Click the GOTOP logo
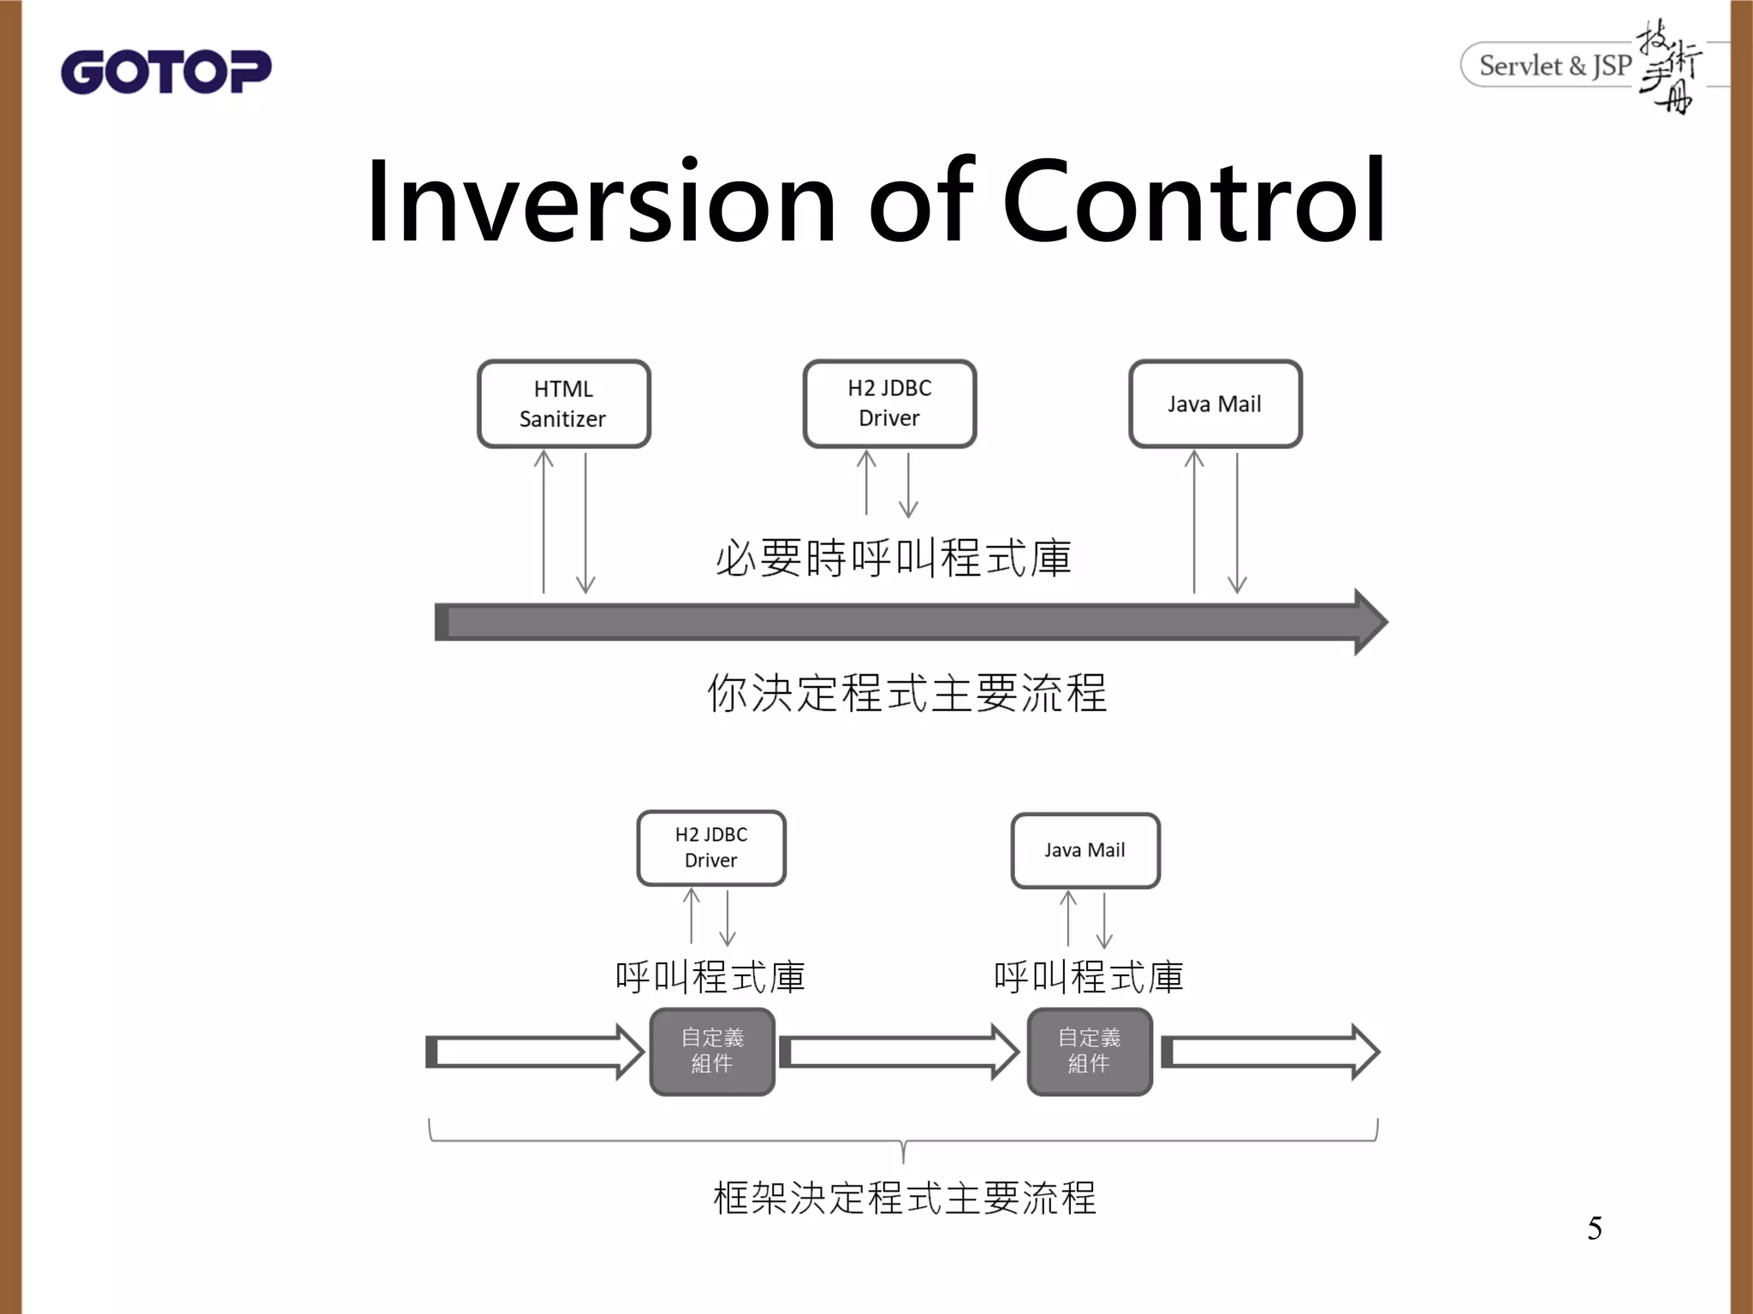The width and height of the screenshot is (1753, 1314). pos(166,72)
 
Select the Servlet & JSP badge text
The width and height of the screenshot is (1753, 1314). pos(1554,65)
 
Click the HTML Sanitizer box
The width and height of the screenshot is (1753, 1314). pos(563,404)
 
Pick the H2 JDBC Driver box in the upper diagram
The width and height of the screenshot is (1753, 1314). pos(889,403)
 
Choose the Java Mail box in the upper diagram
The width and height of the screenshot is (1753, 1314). pos(1215,404)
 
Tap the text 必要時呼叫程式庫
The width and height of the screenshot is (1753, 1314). pos(893,558)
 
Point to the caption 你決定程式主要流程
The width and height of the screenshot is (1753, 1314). pos(906,693)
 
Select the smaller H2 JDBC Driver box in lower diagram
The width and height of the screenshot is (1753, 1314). pos(710,848)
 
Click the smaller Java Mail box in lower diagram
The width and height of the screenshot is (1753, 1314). pos(1084,850)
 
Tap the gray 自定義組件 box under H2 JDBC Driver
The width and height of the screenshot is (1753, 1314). pos(712,1051)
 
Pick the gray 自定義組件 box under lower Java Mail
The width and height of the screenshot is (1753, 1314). pos(1089,1051)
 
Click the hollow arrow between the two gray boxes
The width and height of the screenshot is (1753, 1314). pos(899,1052)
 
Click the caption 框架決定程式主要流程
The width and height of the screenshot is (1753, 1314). pos(904,1198)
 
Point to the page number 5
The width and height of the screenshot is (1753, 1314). pos(1594,1228)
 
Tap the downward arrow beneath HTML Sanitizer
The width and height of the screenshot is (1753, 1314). pos(585,524)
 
